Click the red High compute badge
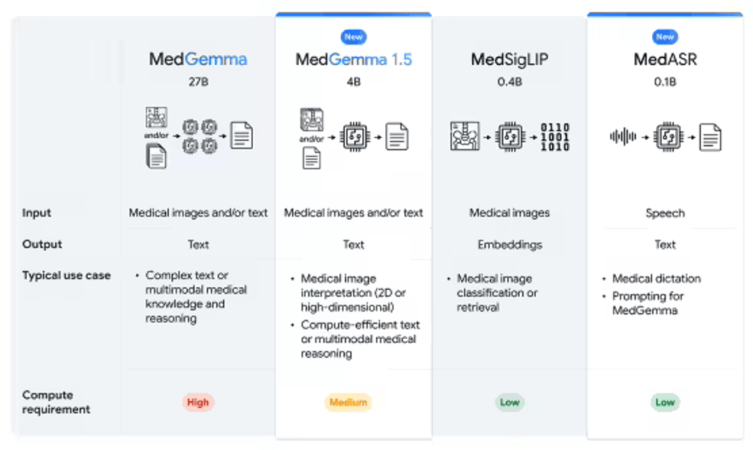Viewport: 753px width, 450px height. click(198, 403)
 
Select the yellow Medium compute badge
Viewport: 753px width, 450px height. click(348, 403)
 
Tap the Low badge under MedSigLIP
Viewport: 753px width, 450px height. click(510, 403)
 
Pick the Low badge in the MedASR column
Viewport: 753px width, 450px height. click(664, 403)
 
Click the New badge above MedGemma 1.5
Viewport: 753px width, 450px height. click(353, 37)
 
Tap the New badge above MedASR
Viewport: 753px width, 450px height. click(664, 37)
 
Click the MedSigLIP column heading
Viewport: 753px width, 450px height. click(510, 59)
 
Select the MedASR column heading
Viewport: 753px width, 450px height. click(664, 59)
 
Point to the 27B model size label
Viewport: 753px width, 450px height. click(198, 82)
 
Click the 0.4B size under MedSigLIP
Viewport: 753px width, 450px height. click(510, 82)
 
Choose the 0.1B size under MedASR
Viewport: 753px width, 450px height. click(664, 82)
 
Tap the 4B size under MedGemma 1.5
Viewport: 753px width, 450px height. click(353, 82)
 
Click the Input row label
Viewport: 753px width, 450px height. click(36, 213)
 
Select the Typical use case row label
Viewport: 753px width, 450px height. click(66, 276)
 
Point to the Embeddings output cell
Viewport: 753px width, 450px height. click(510, 245)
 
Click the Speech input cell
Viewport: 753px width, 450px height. click(664, 213)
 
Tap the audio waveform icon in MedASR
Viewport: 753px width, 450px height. click(623, 137)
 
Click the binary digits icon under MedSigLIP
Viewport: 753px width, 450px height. click(555, 137)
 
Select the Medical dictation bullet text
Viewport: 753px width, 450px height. click(656, 278)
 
